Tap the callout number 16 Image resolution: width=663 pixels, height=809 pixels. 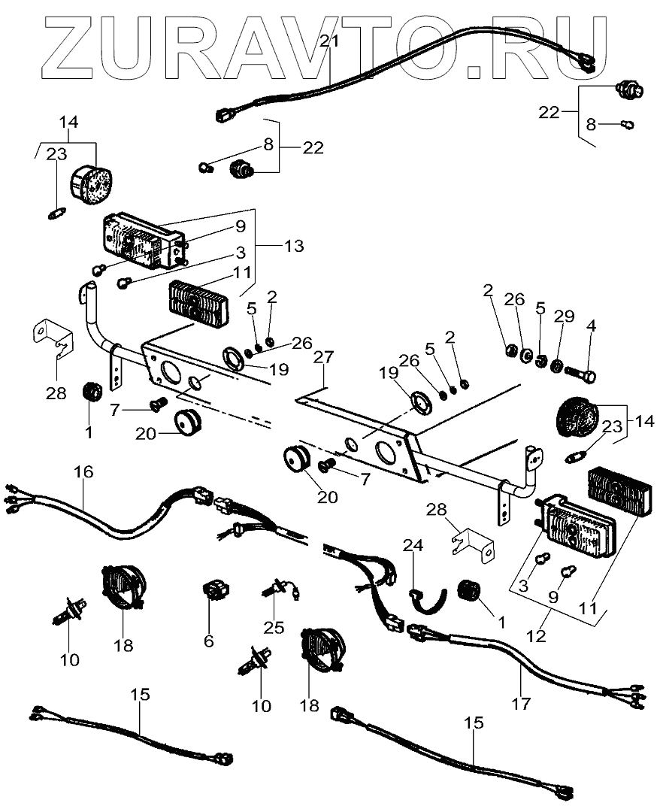(83, 471)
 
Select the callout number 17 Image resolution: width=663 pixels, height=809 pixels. (520, 704)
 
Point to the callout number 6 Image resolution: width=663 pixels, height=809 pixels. (208, 641)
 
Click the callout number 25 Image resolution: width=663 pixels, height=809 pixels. (274, 627)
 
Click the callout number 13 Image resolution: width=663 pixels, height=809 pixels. (294, 245)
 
